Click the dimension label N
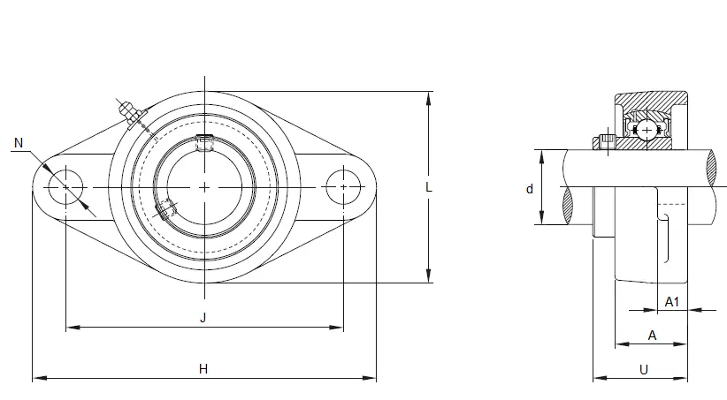(x=19, y=143)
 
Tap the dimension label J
(x=203, y=318)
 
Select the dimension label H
(x=203, y=369)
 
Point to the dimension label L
(x=429, y=187)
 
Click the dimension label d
(x=530, y=189)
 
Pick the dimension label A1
(x=672, y=302)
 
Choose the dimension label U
(x=644, y=370)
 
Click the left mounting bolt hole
(x=65, y=187)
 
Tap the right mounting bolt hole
(x=343, y=187)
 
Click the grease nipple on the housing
(x=130, y=113)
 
